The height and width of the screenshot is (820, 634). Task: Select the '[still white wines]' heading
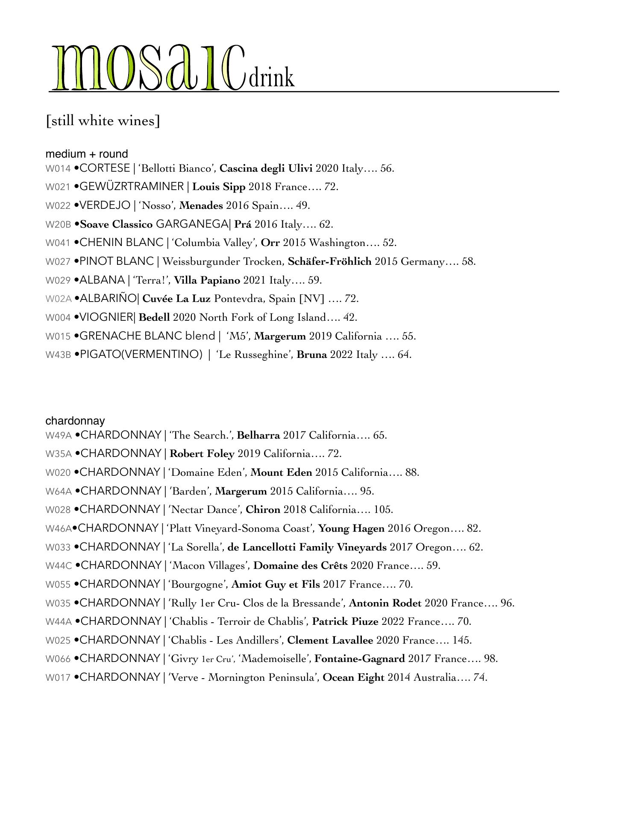[x=103, y=121]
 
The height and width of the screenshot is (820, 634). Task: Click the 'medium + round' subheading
[x=87, y=154]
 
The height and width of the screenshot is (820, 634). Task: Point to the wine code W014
[x=58, y=169]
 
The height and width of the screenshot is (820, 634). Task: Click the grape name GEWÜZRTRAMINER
[x=132, y=187]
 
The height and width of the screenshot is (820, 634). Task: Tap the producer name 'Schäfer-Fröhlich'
[x=330, y=261]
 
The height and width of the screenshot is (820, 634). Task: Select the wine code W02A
[x=59, y=299]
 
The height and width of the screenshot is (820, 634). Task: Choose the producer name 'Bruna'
[x=312, y=355]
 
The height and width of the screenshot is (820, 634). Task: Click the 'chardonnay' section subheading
[x=75, y=421]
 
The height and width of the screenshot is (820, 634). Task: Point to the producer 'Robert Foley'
[x=202, y=454]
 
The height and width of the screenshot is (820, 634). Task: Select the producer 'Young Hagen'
[x=352, y=529]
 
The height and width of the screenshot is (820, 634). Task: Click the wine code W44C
[x=59, y=566]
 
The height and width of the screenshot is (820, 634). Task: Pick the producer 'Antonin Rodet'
[x=385, y=603]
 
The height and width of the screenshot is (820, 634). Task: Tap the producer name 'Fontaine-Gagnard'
[x=360, y=659]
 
